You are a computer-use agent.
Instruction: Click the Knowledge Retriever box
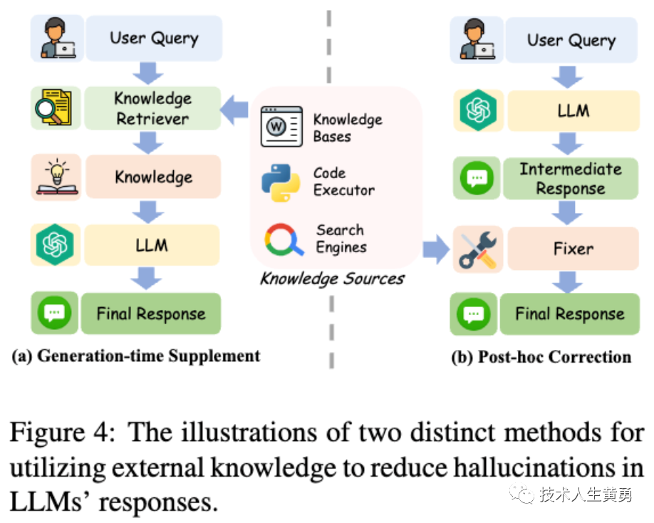click(x=153, y=108)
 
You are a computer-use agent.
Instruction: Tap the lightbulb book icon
click(x=55, y=177)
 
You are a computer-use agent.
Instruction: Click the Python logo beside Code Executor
click(x=280, y=182)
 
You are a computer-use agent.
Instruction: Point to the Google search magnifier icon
click(x=284, y=240)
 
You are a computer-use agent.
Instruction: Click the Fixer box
click(x=573, y=249)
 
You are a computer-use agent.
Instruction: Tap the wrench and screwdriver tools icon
click(x=477, y=249)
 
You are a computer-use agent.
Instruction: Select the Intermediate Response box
click(x=570, y=179)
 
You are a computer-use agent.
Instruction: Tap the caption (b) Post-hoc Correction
click(x=541, y=356)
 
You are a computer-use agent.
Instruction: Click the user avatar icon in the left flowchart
click(x=57, y=37)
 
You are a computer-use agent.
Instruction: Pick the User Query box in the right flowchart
click(x=571, y=40)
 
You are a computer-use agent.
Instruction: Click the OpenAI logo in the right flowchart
click(x=478, y=110)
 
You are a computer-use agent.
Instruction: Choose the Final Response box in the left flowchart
click(x=150, y=314)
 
